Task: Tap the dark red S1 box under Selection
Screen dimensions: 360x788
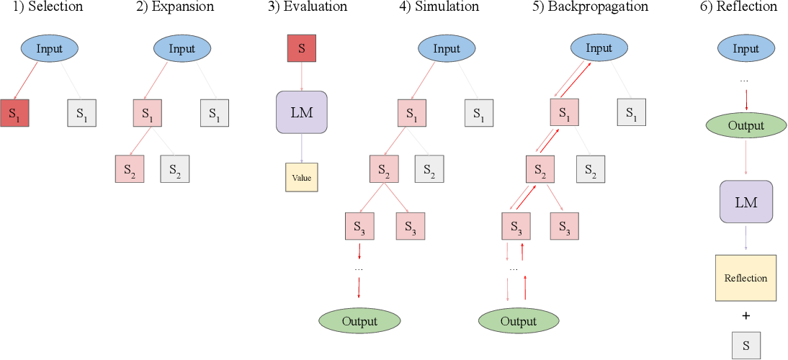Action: (15, 112)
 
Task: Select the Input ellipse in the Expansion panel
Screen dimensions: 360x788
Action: (182, 49)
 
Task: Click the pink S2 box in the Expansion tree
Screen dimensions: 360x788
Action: (130, 168)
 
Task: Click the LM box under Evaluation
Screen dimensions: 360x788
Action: (301, 112)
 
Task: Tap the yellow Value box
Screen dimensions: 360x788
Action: (301, 176)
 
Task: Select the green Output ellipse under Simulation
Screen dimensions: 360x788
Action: (359, 320)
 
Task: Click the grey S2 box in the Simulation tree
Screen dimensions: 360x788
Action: (429, 168)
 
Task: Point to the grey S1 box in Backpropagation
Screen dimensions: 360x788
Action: (631, 112)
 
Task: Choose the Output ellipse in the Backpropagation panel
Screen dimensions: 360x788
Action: (518, 320)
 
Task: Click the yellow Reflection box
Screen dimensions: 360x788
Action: (746, 278)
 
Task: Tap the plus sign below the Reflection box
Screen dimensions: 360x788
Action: (746, 315)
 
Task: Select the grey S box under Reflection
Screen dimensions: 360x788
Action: (746, 345)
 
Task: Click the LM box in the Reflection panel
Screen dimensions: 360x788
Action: (746, 202)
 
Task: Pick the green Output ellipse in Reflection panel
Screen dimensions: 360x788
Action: (746, 125)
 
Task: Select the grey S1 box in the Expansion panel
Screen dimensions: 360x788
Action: (214, 112)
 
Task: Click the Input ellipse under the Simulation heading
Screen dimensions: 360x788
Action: (447, 49)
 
